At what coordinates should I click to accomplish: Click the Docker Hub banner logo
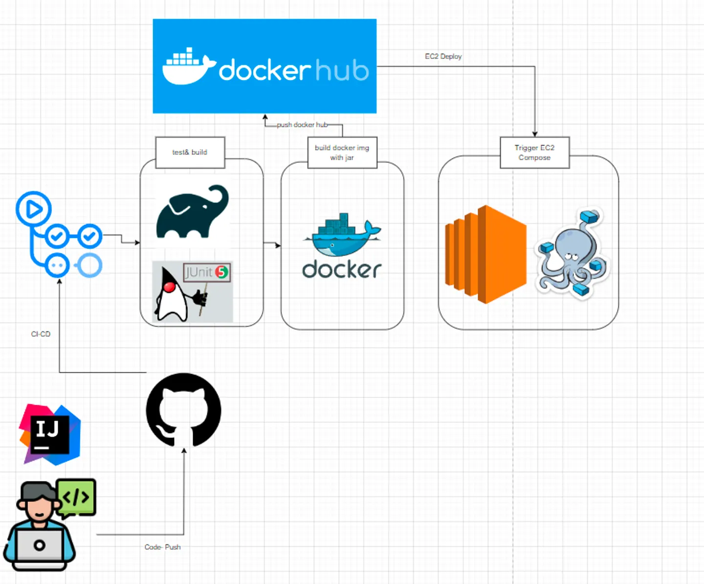click(x=264, y=66)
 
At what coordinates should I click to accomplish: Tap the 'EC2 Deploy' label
click(x=443, y=57)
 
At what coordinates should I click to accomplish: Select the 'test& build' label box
click(x=190, y=152)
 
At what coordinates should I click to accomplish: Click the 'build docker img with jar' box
click(x=342, y=152)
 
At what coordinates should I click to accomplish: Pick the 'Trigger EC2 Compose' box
click(x=534, y=152)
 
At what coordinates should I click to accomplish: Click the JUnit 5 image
click(x=193, y=292)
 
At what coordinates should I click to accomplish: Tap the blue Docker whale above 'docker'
click(x=342, y=235)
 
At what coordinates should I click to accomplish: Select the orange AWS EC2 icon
click(x=485, y=254)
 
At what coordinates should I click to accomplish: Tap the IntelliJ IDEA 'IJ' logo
click(x=50, y=434)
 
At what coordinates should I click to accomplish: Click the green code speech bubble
click(x=77, y=497)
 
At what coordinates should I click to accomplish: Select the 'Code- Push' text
click(x=162, y=547)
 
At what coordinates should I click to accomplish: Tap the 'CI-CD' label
click(x=41, y=334)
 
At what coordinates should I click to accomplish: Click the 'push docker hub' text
click(x=302, y=125)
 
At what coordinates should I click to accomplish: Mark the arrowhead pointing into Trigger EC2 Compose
click(x=535, y=134)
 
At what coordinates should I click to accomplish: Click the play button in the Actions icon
click(x=34, y=209)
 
